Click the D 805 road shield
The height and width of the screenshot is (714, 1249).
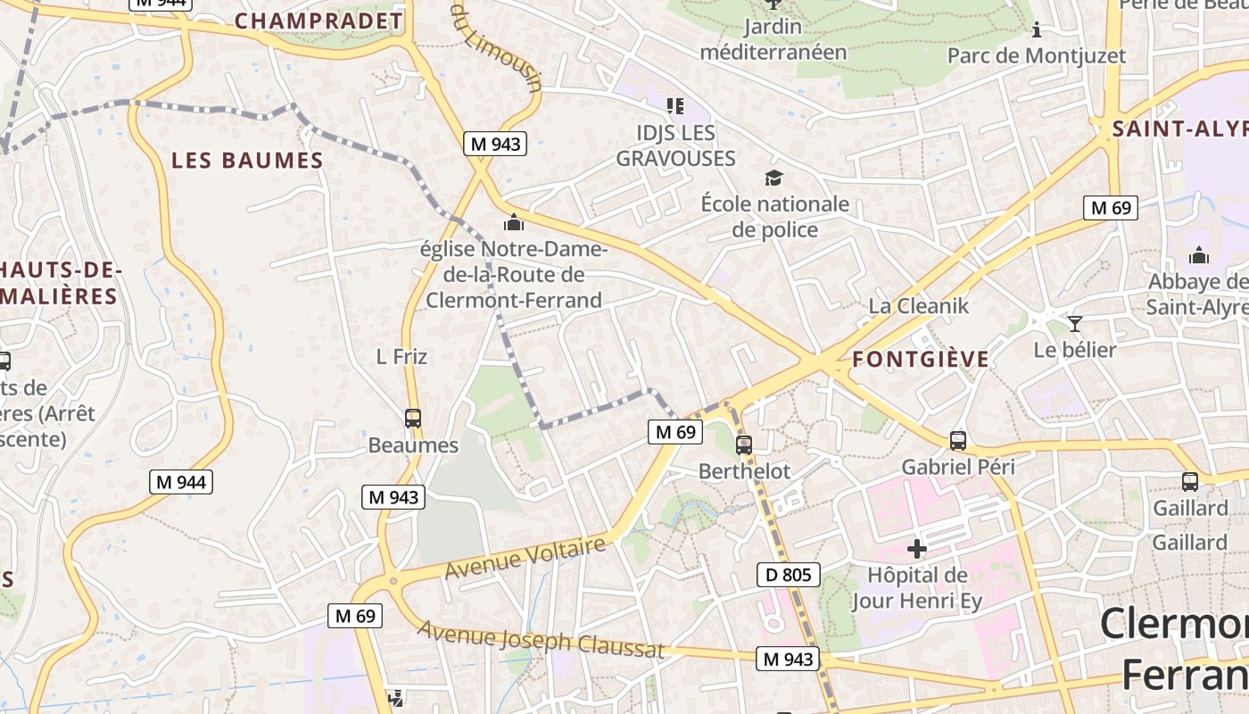pos(789,575)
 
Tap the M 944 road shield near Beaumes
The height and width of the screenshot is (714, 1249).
pos(181,483)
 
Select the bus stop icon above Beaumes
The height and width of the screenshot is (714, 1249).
pos(412,418)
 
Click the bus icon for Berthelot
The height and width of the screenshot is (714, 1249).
pos(743,444)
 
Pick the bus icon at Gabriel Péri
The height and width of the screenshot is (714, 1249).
pos(957,440)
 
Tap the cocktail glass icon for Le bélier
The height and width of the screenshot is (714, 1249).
pos(1074,323)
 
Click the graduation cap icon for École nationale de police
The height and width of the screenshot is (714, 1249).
pos(773,178)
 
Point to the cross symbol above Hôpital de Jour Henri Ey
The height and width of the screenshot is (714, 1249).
pos(916,548)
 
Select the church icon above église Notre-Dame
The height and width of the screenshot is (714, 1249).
pos(513,222)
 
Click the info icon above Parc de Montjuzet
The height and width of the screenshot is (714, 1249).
pos(1036,30)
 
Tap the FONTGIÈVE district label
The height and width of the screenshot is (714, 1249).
pos(921,360)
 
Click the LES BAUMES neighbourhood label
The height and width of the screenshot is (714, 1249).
pos(247,161)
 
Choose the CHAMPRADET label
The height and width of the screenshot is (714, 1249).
pos(318,21)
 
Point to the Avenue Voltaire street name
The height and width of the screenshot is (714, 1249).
pos(525,557)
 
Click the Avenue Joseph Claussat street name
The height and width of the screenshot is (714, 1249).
pos(541,640)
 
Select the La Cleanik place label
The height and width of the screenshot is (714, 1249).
pos(918,306)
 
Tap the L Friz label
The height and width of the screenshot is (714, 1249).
pos(401,357)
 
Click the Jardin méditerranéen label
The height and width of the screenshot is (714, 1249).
pos(773,39)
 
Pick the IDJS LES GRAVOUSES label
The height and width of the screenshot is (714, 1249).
pos(675,145)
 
